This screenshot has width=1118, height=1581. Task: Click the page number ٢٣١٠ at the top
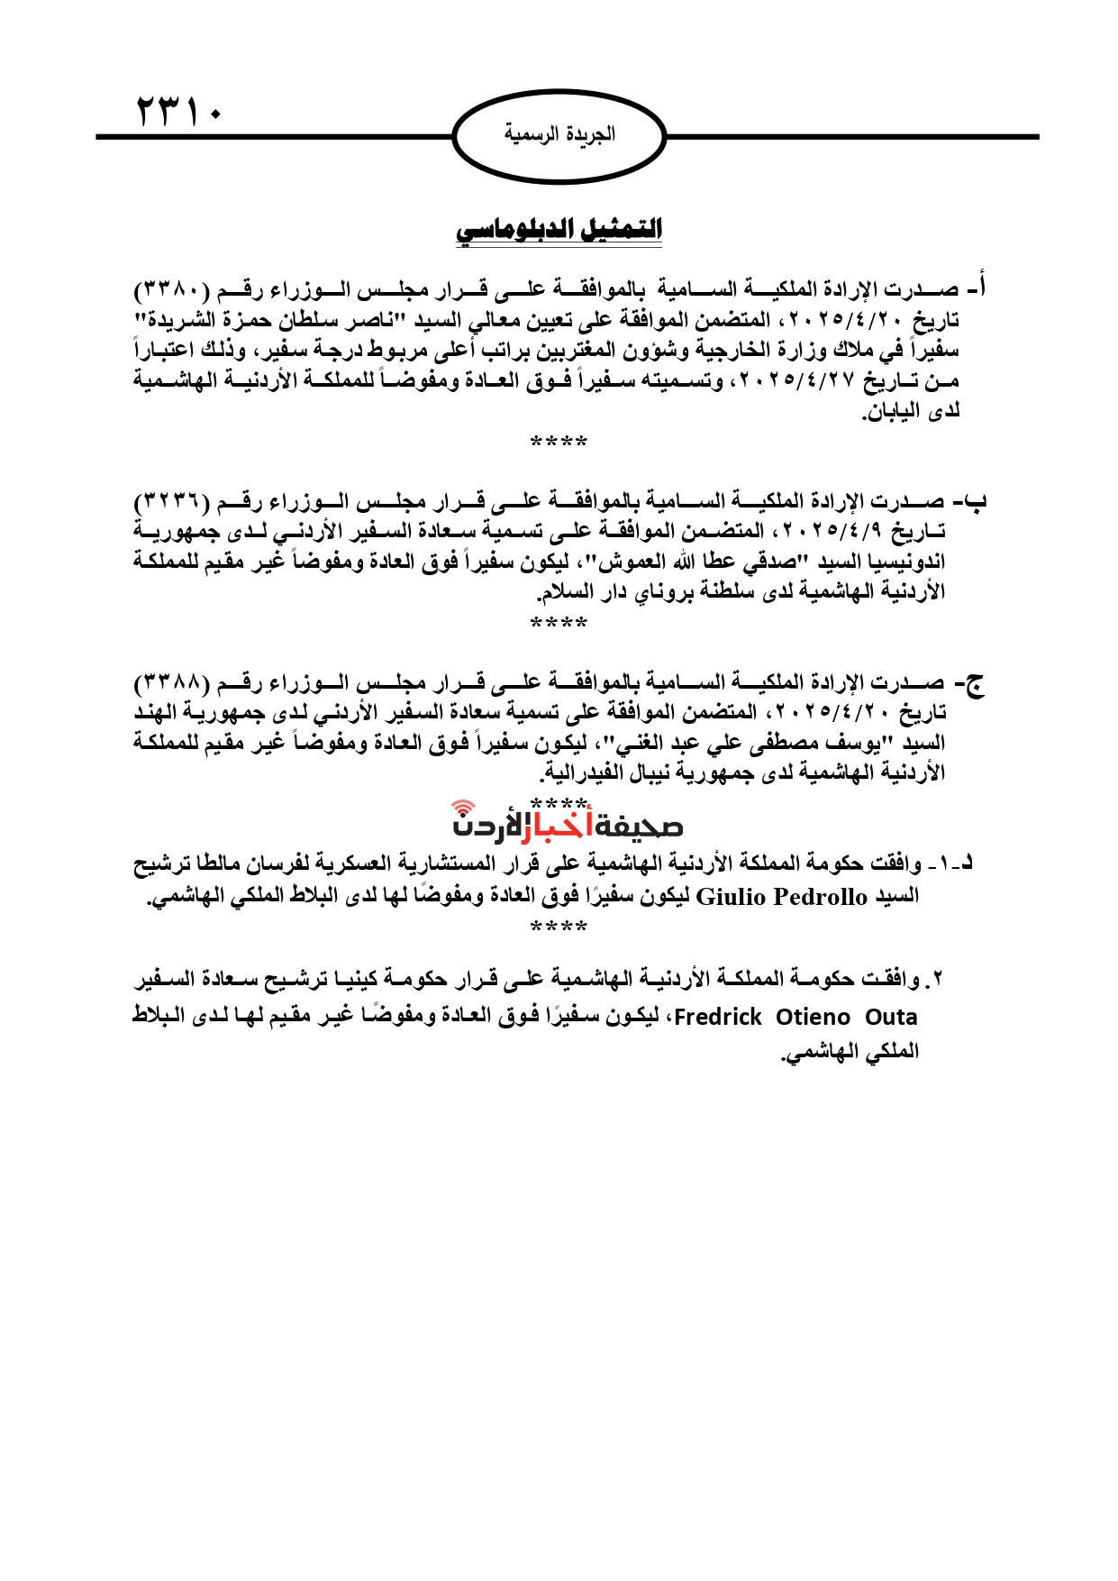click(179, 112)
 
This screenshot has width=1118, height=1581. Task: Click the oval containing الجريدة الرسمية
click(559, 135)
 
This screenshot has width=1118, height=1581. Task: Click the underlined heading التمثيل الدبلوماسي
click(559, 229)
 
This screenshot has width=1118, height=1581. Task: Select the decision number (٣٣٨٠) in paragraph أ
click(172, 290)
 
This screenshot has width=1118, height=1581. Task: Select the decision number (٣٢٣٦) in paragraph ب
click(172, 501)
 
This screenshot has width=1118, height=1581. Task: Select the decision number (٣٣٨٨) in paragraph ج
click(172, 683)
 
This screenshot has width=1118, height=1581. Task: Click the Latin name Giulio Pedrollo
click(782, 897)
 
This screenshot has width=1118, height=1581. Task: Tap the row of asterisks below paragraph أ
click(559, 443)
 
